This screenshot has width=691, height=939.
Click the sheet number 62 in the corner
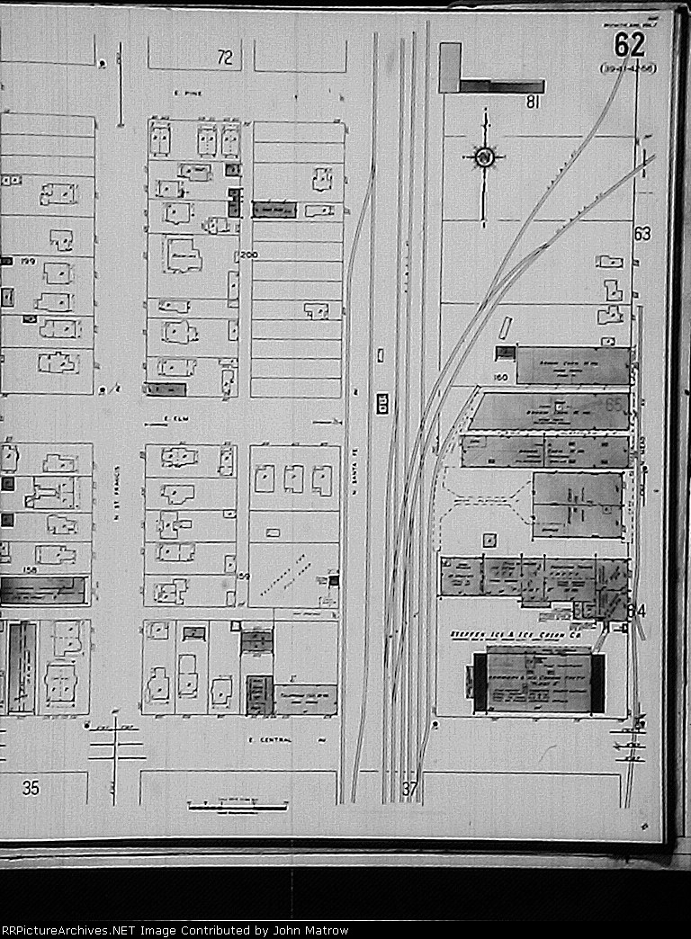(x=631, y=45)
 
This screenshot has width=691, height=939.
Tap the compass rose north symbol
(x=484, y=158)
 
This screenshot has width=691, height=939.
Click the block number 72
(x=225, y=58)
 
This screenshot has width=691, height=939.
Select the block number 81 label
(x=532, y=103)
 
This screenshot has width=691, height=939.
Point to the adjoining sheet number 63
(x=642, y=235)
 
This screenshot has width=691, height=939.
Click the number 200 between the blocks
(x=249, y=256)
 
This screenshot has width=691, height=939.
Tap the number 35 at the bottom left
(x=31, y=789)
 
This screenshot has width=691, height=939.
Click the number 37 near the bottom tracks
(x=410, y=790)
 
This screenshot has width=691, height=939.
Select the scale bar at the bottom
(x=237, y=806)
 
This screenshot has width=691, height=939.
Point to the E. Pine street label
(x=184, y=93)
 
